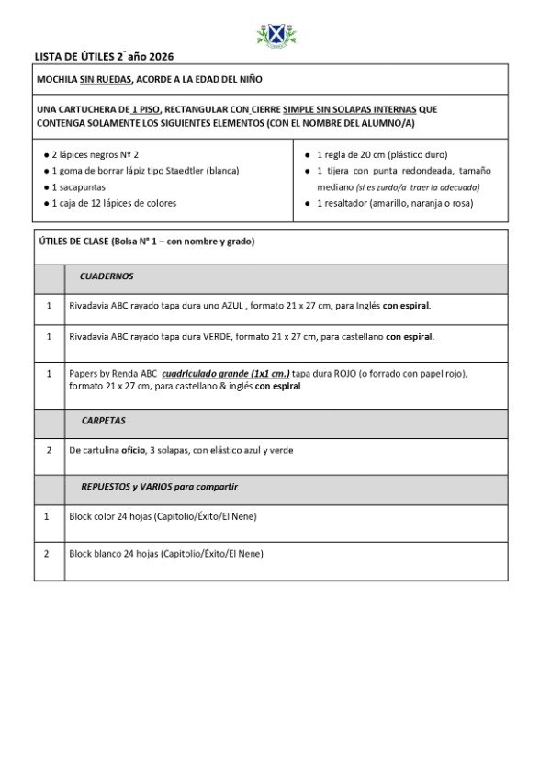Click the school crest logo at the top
[275, 36]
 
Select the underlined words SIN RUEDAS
[105, 80]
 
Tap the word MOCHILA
[57, 80]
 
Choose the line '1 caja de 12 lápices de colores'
[114, 203]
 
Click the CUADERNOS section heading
[107, 276]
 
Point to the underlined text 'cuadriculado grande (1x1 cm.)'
[226, 374]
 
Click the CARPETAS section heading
[104, 421]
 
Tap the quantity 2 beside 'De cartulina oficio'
[48, 450]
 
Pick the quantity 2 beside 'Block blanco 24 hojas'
[48, 554]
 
